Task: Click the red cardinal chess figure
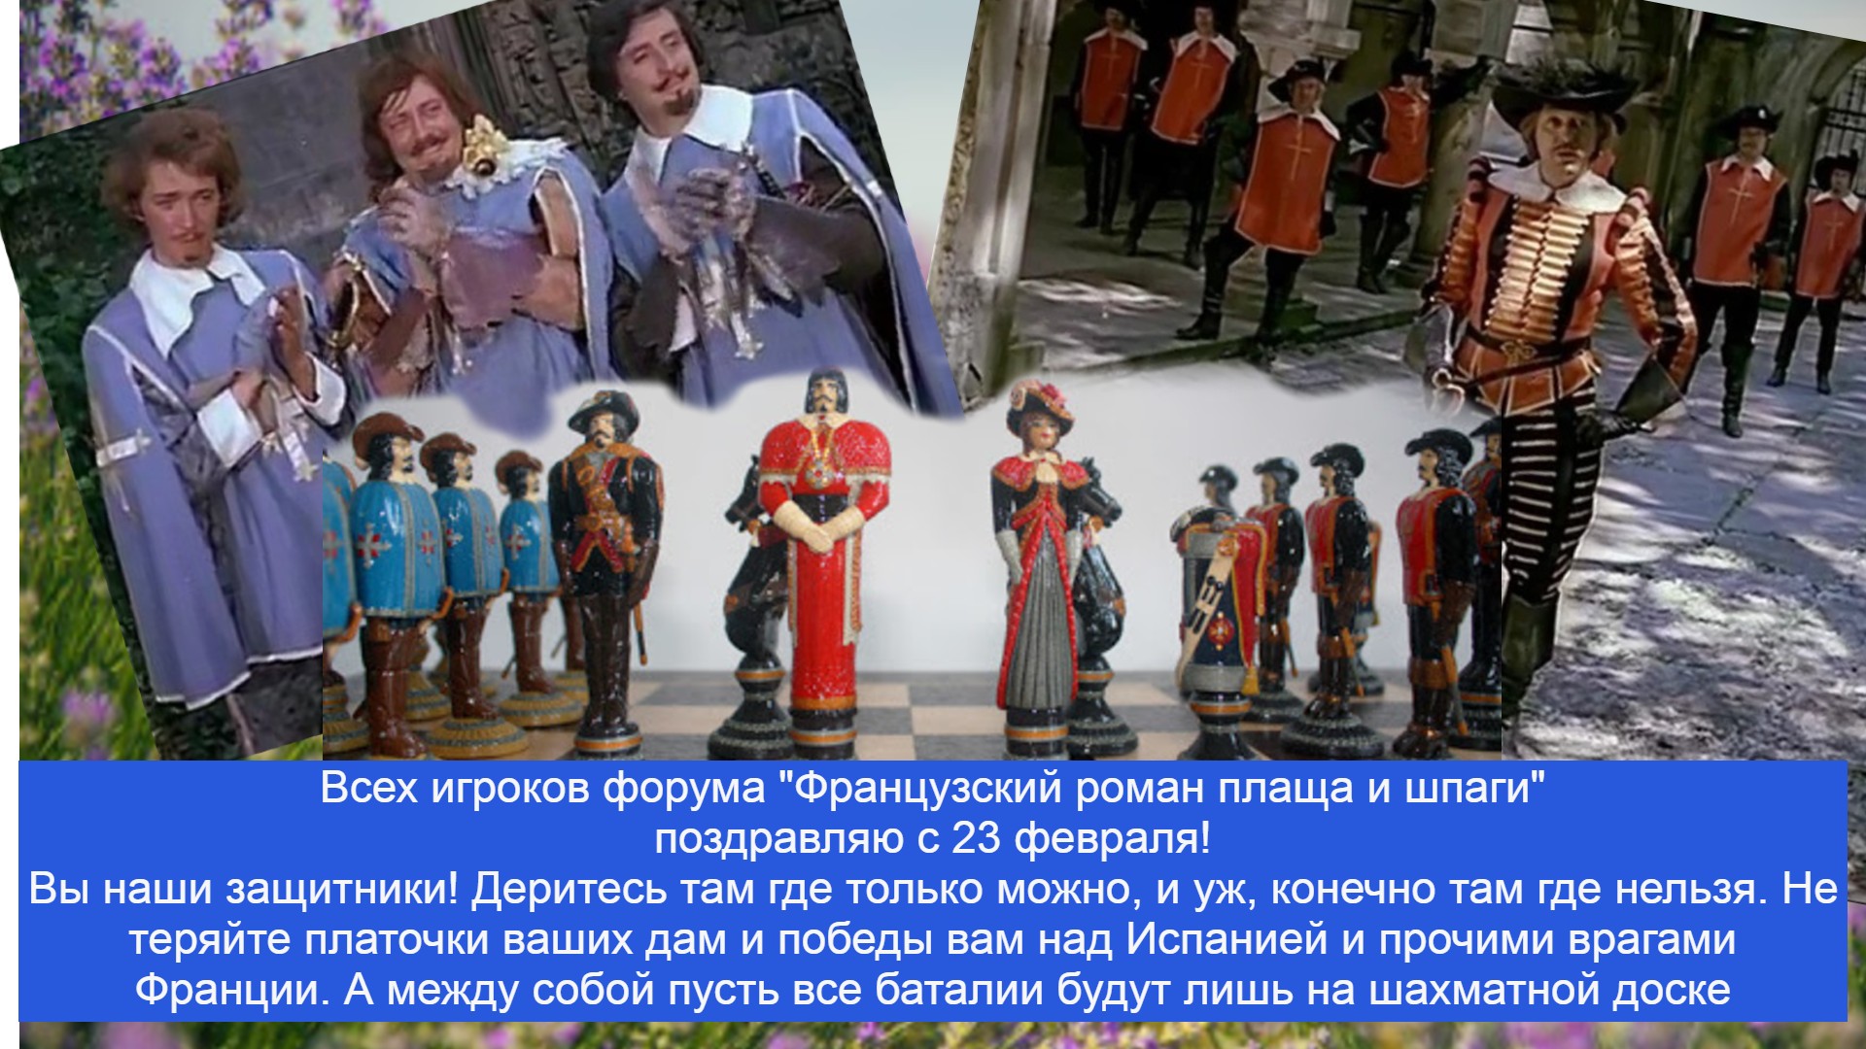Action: [x=824, y=563]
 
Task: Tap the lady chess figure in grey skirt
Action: [x=1038, y=573]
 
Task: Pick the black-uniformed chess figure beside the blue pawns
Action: [x=605, y=573]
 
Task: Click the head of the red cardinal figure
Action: [x=823, y=398]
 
